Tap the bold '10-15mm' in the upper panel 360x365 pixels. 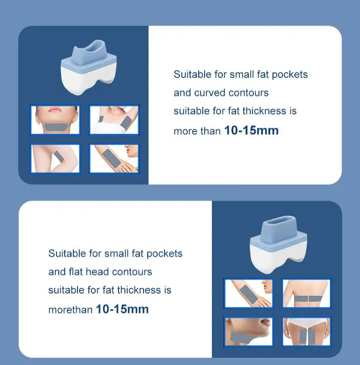252,130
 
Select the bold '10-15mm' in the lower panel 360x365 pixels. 122,309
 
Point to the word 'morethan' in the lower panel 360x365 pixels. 70,310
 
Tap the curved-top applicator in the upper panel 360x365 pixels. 89,67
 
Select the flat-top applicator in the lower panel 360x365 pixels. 279,244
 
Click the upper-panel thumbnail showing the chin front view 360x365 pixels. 55,120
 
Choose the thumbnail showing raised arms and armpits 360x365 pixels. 114,120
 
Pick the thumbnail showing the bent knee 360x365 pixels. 55,158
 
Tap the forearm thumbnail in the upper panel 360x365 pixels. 114,158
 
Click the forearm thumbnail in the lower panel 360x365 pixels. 248,293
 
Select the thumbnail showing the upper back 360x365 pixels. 306,293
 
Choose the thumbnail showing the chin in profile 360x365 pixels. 248,332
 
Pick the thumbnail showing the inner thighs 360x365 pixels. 306,332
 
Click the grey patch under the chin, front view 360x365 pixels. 56,127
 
